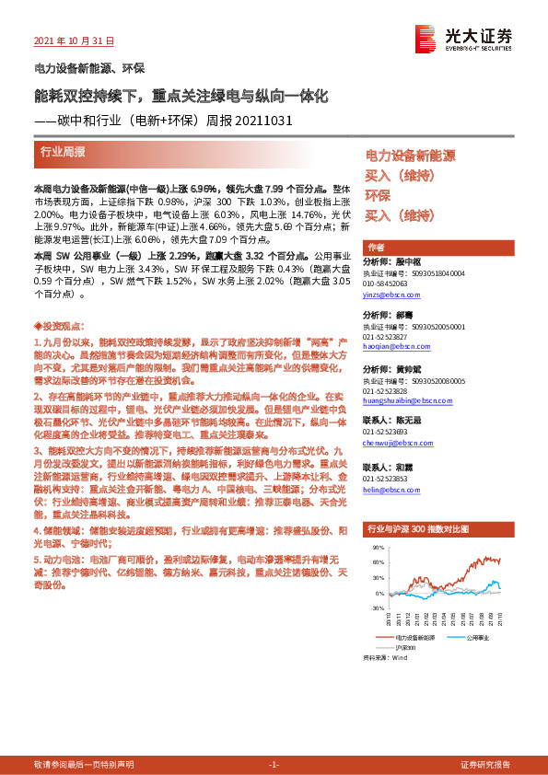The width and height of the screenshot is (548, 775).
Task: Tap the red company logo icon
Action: tap(426, 38)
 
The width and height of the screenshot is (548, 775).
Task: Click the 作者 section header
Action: tap(376, 248)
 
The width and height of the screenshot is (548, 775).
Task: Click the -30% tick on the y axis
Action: tap(378, 607)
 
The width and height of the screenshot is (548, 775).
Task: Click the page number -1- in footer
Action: tap(274, 764)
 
